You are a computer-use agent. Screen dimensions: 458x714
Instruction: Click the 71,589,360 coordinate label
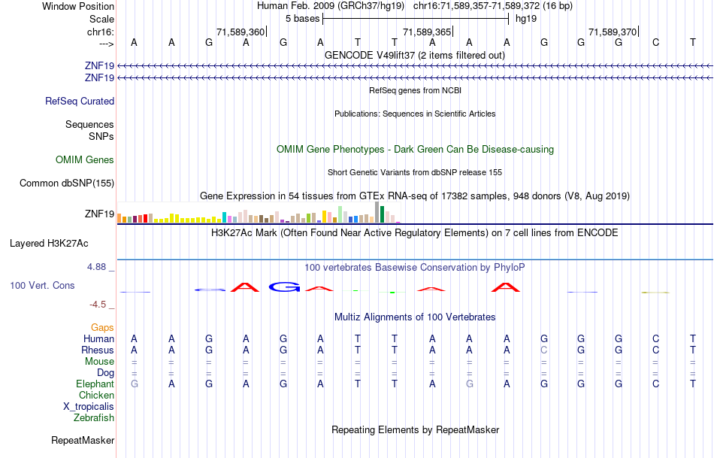[241, 32]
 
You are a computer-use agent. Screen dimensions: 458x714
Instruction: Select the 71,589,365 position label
[427, 32]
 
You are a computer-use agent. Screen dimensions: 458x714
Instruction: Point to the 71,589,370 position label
[613, 32]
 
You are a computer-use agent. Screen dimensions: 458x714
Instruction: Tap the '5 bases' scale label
[302, 18]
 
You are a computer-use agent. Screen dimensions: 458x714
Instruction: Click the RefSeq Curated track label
[80, 101]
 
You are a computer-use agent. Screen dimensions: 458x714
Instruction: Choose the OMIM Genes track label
[85, 159]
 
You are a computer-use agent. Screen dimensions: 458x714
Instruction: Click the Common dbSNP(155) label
[67, 183]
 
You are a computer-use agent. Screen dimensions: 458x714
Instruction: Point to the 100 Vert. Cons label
[42, 286]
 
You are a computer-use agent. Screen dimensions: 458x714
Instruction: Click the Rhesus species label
[98, 350]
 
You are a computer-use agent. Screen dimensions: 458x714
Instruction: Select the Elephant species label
[95, 384]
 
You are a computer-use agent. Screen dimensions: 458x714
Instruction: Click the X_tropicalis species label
[89, 406]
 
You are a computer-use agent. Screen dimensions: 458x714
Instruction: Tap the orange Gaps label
[102, 327]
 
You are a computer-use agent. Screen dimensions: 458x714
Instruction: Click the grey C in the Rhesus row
[544, 350]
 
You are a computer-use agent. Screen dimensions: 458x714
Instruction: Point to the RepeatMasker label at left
[83, 440]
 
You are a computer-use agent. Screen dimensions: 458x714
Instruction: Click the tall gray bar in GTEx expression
[377, 212]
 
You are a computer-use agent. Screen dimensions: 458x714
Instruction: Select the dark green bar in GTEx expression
[383, 214]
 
